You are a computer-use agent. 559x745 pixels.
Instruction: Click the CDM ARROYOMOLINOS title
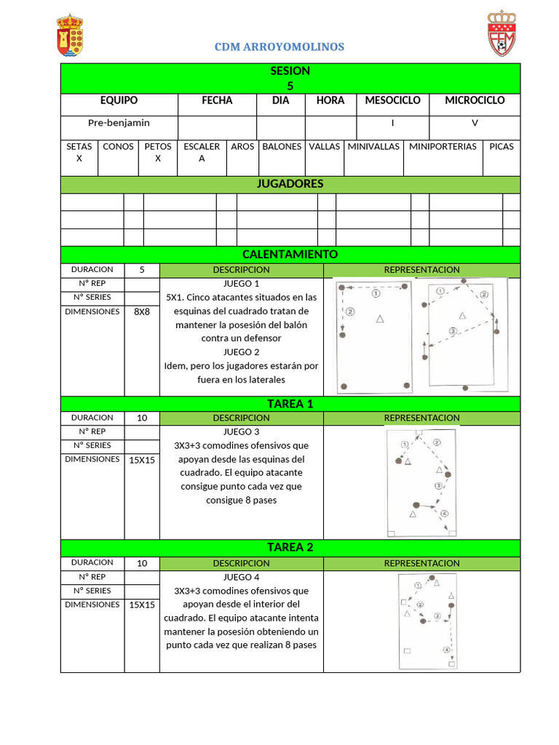coord(279,47)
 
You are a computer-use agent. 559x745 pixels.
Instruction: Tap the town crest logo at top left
coord(70,36)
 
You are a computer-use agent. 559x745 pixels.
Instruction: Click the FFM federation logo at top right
coord(501,33)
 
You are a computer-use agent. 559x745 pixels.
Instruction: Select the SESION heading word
coord(290,71)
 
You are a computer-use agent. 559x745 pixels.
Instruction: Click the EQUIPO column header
coord(119,100)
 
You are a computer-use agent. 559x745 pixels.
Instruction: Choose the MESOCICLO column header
coord(392,100)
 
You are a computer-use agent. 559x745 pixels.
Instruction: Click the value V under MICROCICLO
coord(475,123)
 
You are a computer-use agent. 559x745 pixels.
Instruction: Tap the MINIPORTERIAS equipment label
coord(443,146)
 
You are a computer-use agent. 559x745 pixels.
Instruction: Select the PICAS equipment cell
coord(501,146)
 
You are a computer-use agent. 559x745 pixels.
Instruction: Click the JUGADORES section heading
coord(290,184)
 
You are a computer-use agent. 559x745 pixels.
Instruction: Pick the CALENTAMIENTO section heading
coord(290,254)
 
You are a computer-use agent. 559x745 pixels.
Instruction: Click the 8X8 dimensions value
coord(142,311)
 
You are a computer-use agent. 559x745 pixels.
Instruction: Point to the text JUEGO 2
coord(242,352)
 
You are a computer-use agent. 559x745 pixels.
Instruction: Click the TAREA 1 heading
coord(290,404)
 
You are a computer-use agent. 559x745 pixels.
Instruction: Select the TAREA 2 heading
coord(290,547)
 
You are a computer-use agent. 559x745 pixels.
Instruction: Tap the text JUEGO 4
coord(242,578)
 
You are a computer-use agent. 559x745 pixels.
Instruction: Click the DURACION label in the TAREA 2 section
coord(92,562)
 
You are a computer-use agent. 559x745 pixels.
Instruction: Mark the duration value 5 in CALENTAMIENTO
coord(142,270)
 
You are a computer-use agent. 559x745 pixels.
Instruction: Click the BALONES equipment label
coord(282,146)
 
